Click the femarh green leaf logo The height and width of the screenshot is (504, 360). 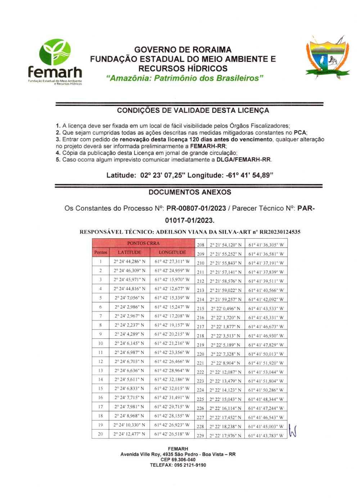click(x=55, y=53)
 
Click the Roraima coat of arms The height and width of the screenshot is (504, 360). click(x=327, y=58)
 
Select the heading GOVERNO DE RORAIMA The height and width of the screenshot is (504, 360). click(x=183, y=50)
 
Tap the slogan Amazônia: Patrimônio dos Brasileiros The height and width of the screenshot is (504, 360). click(x=185, y=78)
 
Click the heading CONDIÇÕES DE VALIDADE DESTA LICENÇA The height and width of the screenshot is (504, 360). click(x=193, y=111)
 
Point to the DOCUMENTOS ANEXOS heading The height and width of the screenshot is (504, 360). click(x=190, y=192)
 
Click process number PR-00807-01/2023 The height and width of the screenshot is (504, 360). click(x=196, y=208)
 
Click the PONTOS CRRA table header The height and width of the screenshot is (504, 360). click(x=143, y=243)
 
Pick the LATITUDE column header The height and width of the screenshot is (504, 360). click(x=129, y=252)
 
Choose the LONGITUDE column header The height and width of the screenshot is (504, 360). click(x=172, y=252)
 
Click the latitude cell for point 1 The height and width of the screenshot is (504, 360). click(x=129, y=262)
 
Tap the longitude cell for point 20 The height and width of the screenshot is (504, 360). click(x=172, y=434)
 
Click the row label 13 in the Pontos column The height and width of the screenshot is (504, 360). click(x=100, y=370)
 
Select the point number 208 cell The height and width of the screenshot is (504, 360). click(x=201, y=245)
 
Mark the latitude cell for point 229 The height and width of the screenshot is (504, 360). click(x=226, y=436)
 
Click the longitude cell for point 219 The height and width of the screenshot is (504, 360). click(x=266, y=345)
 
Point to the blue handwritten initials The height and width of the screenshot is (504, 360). click(x=292, y=431)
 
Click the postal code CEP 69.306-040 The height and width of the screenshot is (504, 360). click(x=178, y=460)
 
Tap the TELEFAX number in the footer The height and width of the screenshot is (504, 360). click(x=178, y=465)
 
